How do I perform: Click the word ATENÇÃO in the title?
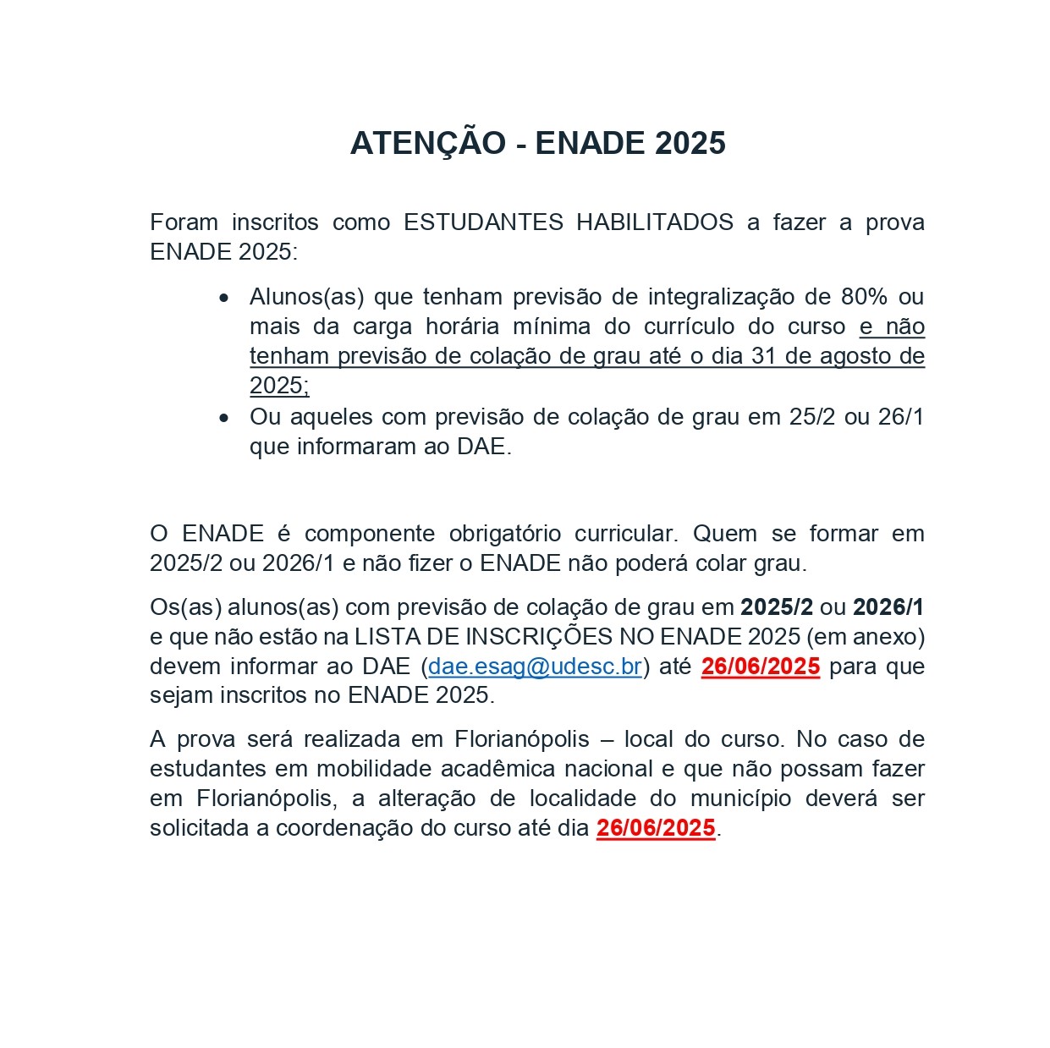[x=427, y=143]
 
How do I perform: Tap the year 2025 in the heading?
[x=690, y=143]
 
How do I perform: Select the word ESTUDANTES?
[x=483, y=222]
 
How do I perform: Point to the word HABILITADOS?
[x=655, y=222]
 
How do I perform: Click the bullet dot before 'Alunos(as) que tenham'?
[x=223, y=298]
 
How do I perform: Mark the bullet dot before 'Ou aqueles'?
[x=223, y=418]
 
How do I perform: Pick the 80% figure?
[x=864, y=297]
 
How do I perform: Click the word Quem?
[x=725, y=534]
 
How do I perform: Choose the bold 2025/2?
[x=776, y=606]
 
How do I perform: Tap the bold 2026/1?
[x=888, y=606]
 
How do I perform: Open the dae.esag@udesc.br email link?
[x=535, y=667]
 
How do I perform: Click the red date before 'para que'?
[x=760, y=667]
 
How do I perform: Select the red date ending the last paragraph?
[x=656, y=828]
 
